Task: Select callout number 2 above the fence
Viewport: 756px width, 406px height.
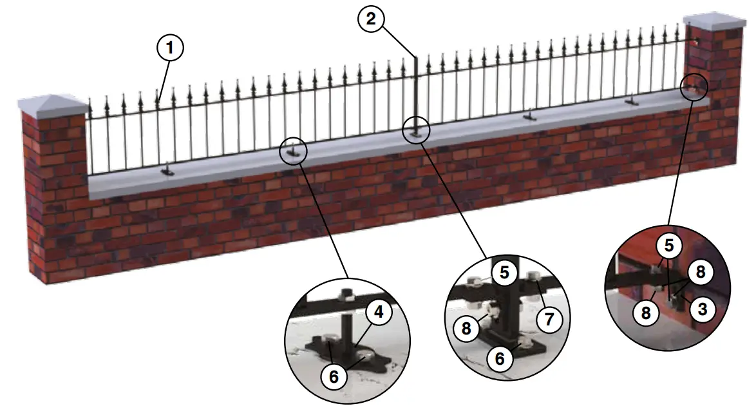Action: (370, 19)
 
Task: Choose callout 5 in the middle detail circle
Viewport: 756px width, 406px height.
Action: (504, 273)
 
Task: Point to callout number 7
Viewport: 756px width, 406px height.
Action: (549, 319)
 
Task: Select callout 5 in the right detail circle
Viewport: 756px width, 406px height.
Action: (669, 246)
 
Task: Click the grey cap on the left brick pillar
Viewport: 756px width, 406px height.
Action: (52, 103)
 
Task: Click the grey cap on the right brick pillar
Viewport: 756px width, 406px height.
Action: (714, 20)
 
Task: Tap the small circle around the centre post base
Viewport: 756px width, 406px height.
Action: (416, 131)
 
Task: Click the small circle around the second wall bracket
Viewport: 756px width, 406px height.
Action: (294, 151)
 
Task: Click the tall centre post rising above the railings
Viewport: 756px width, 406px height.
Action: (416, 90)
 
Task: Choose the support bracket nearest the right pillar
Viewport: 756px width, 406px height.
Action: (632, 101)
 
